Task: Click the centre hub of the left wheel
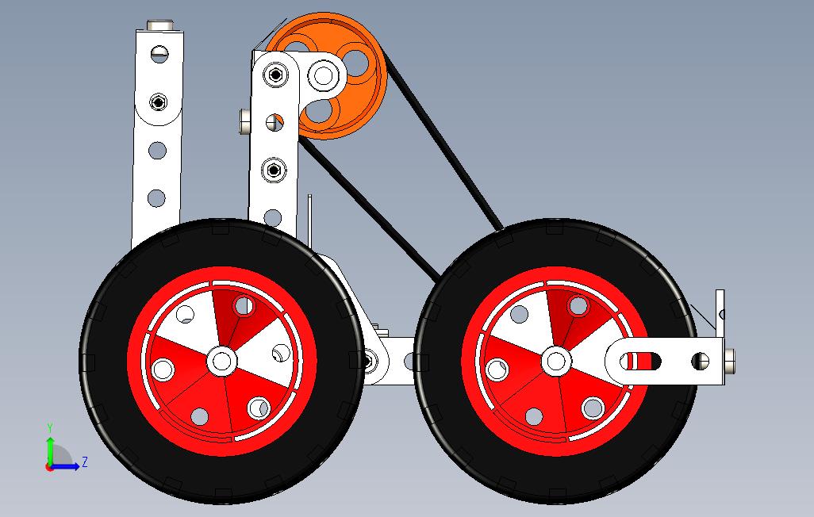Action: tap(222, 361)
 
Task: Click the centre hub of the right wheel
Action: tap(555, 361)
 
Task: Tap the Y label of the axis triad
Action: tap(50, 427)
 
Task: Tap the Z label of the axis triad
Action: tap(84, 461)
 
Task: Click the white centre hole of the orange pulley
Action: tap(323, 76)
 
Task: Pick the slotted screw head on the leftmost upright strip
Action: tap(159, 54)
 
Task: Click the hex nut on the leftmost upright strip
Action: tap(159, 102)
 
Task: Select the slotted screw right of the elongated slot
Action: tap(700, 362)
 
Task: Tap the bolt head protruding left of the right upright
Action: tap(244, 121)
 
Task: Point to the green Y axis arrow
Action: tap(50, 448)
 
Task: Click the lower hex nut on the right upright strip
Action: tap(274, 169)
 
